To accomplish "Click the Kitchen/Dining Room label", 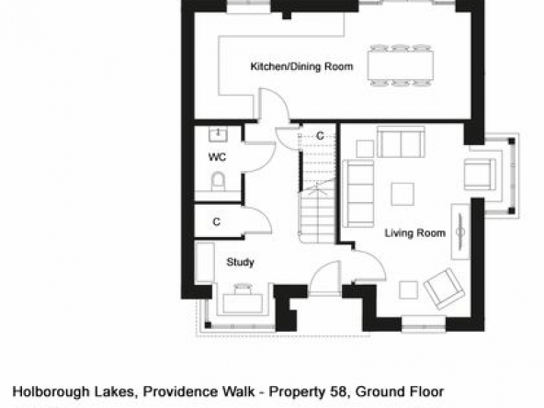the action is [x=301, y=66].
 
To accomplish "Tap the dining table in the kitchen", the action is [x=401, y=65].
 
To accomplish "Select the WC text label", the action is [x=217, y=157].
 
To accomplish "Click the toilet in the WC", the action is [x=218, y=181].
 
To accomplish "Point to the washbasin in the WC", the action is [x=218, y=134].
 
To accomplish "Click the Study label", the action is [x=240, y=262].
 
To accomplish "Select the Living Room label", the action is [x=415, y=232].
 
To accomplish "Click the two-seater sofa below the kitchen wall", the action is [x=401, y=142].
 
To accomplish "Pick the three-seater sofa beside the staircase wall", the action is [x=358, y=194].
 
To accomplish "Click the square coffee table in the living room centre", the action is [x=402, y=194].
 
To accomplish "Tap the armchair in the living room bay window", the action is [x=480, y=175].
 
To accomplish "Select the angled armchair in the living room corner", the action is [x=444, y=289].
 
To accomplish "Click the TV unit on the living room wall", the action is [x=460, y=232].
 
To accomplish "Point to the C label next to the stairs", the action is [x=320, y=136].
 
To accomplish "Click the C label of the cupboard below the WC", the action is [x=216, y=221].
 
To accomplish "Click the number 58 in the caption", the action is [x=337, y=391].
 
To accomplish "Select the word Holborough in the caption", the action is [x=51, y=391].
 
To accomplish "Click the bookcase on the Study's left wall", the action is [x=205, y=262].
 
